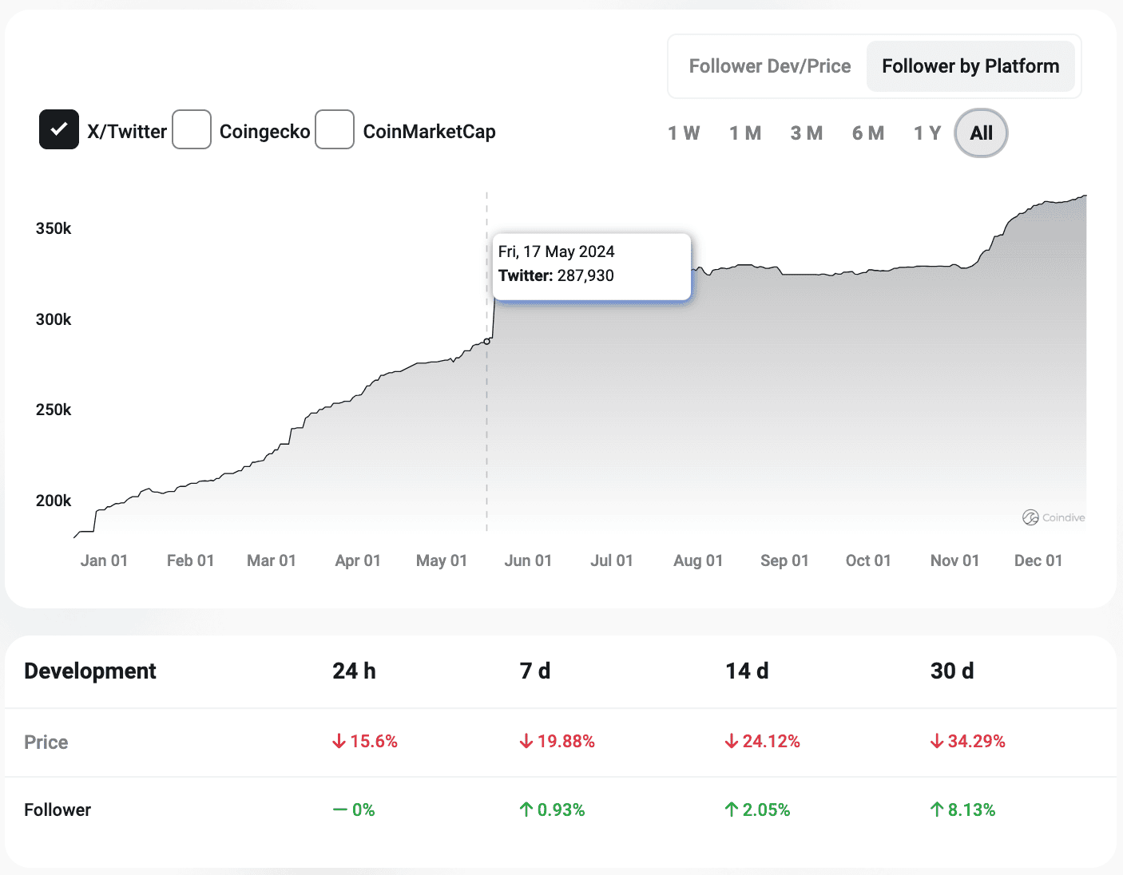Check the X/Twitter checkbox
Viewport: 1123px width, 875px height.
click(x=59, y=129)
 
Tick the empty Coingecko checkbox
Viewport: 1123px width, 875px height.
click(x=192, y=129)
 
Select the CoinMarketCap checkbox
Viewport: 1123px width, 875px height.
click(x=335, y=129)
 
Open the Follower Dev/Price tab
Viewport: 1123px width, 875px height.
click(x=769, y=66)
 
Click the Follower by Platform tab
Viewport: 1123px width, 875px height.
click(x=970, y=66)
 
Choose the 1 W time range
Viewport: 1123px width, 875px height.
click(x=684, y=133)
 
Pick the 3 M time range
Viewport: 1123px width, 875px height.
click(x=807, y=133)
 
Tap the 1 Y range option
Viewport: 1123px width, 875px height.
click(x=927, y=133)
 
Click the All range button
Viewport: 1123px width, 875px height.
click(x=981, y=133)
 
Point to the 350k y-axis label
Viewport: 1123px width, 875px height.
click(x=54, y=228)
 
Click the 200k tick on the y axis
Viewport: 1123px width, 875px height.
click(x=54, y=501)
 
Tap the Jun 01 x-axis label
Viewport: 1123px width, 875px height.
click(x=528, y=560)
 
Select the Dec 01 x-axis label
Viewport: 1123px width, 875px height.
click(x=1038, y=560)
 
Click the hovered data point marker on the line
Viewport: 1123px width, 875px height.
click(x=487, y=341)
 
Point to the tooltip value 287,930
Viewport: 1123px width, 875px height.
click(x=585, y=275)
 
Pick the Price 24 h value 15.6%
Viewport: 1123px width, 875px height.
click(x=366, y=742)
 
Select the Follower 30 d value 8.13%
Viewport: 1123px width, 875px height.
click(x=963, y=810)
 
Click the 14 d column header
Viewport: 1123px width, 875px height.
click(x=747, y=671)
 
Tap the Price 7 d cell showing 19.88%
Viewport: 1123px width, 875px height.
click(x=558, y=742)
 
